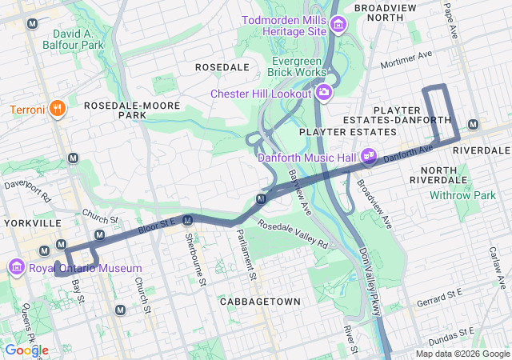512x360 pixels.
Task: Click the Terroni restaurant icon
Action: point(57,109)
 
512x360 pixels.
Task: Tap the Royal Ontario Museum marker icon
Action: point(16,266)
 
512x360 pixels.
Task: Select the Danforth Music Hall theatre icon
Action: point(369,157)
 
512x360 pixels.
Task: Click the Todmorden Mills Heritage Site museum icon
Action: point(338,25)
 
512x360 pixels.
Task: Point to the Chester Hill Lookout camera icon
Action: point(324,93)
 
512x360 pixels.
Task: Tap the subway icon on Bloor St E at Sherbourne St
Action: point(188,220)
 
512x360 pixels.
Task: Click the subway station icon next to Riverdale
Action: point(474,124)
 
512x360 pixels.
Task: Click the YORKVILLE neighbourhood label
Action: point(33,222)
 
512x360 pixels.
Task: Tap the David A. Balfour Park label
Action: point(79,40)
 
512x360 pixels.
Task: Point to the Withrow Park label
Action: point(462,195)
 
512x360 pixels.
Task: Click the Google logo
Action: point(26,350)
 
